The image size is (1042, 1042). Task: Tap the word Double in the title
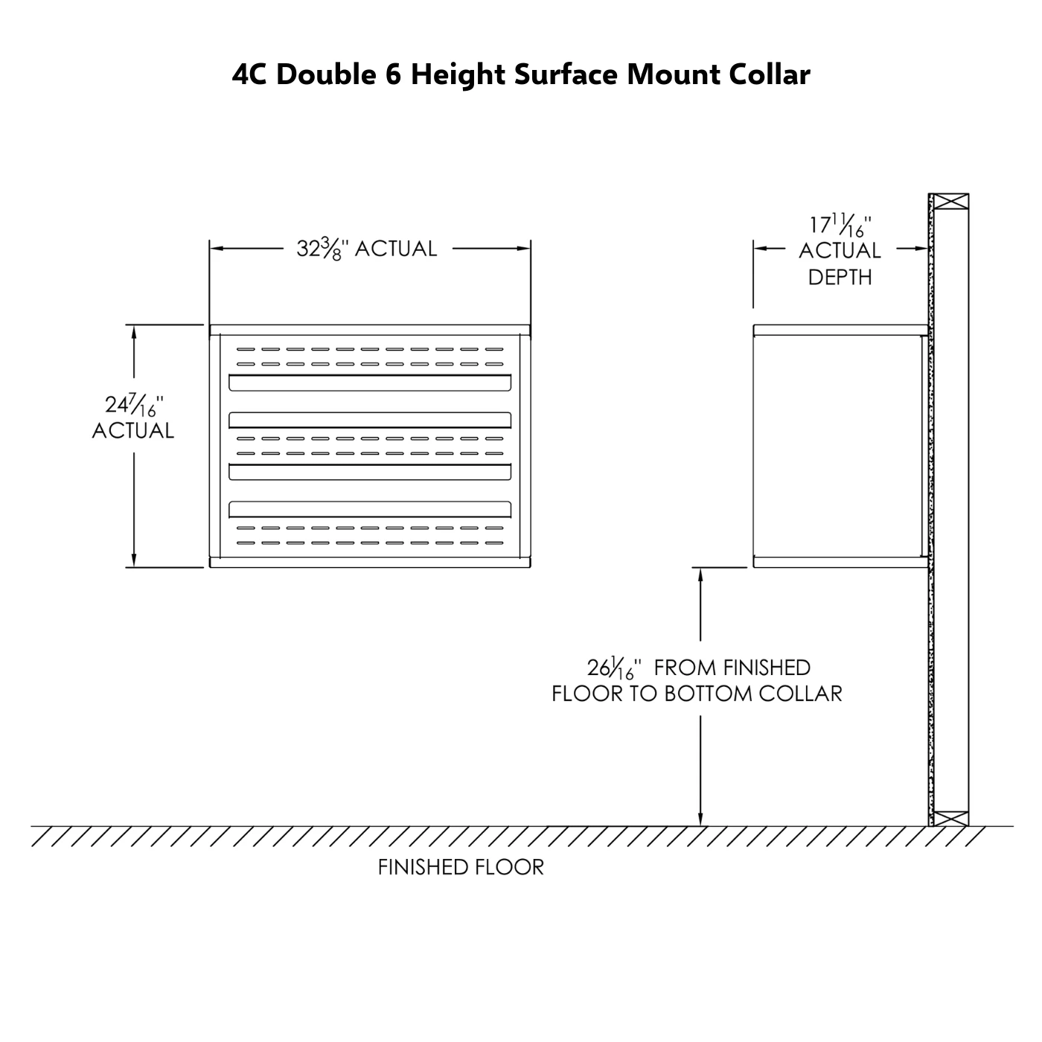(326, 74)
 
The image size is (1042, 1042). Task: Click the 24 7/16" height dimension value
(134, 406)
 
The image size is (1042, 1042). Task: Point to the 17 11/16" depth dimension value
(840, 226)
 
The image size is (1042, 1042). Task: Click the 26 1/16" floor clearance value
(614, 668)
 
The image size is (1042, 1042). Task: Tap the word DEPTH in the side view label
(840, 278)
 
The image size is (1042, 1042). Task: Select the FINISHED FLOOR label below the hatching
(461, 867)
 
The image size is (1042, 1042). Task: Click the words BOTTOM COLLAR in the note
(753, 694)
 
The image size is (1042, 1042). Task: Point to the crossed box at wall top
(951, 202)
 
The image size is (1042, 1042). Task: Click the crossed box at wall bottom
(951, 819)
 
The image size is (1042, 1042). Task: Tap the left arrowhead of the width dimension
(217, 249)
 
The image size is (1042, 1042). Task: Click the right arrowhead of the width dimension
(523, 249)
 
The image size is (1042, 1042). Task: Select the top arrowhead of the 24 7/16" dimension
(134, 331)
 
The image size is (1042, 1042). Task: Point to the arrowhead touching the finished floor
(700, 819)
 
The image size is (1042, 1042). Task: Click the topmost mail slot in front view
(370, 383)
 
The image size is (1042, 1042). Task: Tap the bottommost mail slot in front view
(370, 509)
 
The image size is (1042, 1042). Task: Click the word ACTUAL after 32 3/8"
(396, 249)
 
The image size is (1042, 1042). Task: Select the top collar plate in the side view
(841, 330)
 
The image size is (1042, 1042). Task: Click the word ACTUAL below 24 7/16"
(133, 431)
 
